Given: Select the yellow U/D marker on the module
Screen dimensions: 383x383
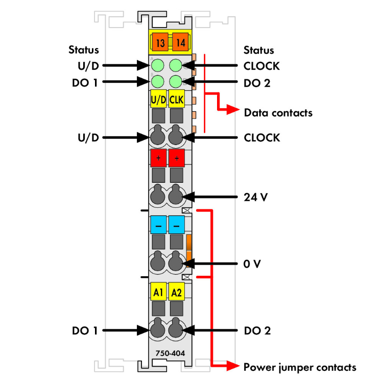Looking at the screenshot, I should [158, 99].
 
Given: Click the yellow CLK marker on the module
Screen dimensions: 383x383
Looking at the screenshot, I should [177, 99].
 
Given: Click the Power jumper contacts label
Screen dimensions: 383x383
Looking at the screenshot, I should [300, 367].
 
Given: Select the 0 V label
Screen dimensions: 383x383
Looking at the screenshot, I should [253, 264].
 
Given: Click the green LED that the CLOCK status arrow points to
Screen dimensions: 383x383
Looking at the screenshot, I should [176, 65].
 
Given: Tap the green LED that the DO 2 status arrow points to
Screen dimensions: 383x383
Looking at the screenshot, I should [176, 81].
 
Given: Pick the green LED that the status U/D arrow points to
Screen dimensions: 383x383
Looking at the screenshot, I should [158, 65].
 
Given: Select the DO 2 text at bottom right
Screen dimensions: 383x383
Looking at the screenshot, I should [257, 330].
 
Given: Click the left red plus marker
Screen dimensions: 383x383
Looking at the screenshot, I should [158, 159].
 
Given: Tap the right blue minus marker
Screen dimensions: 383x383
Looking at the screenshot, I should [177, 225].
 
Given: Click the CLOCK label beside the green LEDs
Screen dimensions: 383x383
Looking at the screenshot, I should [261, 65].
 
